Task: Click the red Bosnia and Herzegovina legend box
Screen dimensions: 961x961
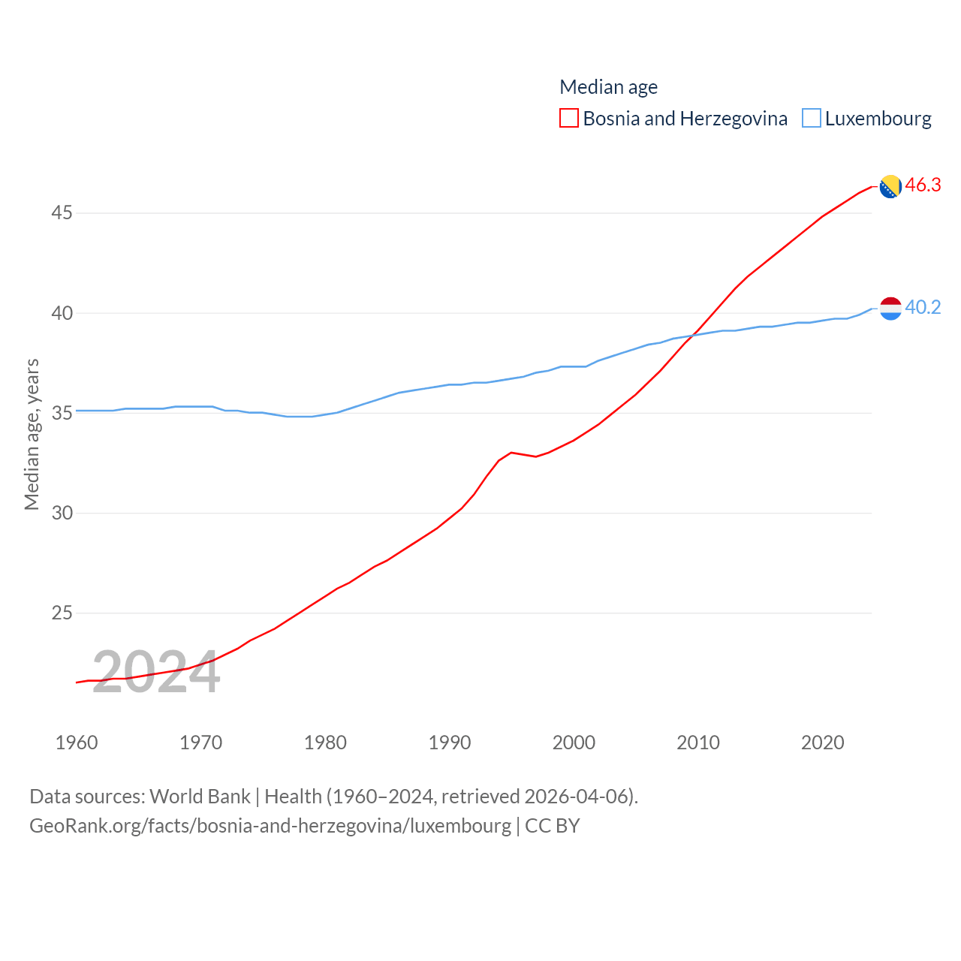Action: coord(569,119)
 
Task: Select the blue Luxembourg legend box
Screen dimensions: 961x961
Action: coord(812,119)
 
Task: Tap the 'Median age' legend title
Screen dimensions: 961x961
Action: coord(608,87)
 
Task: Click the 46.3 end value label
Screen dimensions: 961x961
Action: coord(923,185)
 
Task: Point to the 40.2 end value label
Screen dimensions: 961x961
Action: coord(923,307)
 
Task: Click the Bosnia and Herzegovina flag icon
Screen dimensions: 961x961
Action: coord(890,186)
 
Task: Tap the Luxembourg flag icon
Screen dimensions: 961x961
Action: coord(890,308)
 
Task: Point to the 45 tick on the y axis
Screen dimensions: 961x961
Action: coord(62,213)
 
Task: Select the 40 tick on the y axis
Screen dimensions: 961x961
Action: coord(62,313)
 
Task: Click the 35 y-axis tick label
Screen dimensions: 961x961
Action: coord(62,413)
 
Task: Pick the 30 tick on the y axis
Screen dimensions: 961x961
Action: coord(62,513)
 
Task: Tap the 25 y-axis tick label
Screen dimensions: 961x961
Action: coord(62,613)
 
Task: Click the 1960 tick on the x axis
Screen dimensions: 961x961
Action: coord(77,743)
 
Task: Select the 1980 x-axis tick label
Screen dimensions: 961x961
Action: coord(325,743)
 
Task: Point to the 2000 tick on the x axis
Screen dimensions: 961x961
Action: coord(574,743)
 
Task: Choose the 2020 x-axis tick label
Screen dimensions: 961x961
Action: coord(823,743)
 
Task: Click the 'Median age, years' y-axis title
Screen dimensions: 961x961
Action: coord(32,434)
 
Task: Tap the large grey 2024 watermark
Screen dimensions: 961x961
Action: coord(156,673)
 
